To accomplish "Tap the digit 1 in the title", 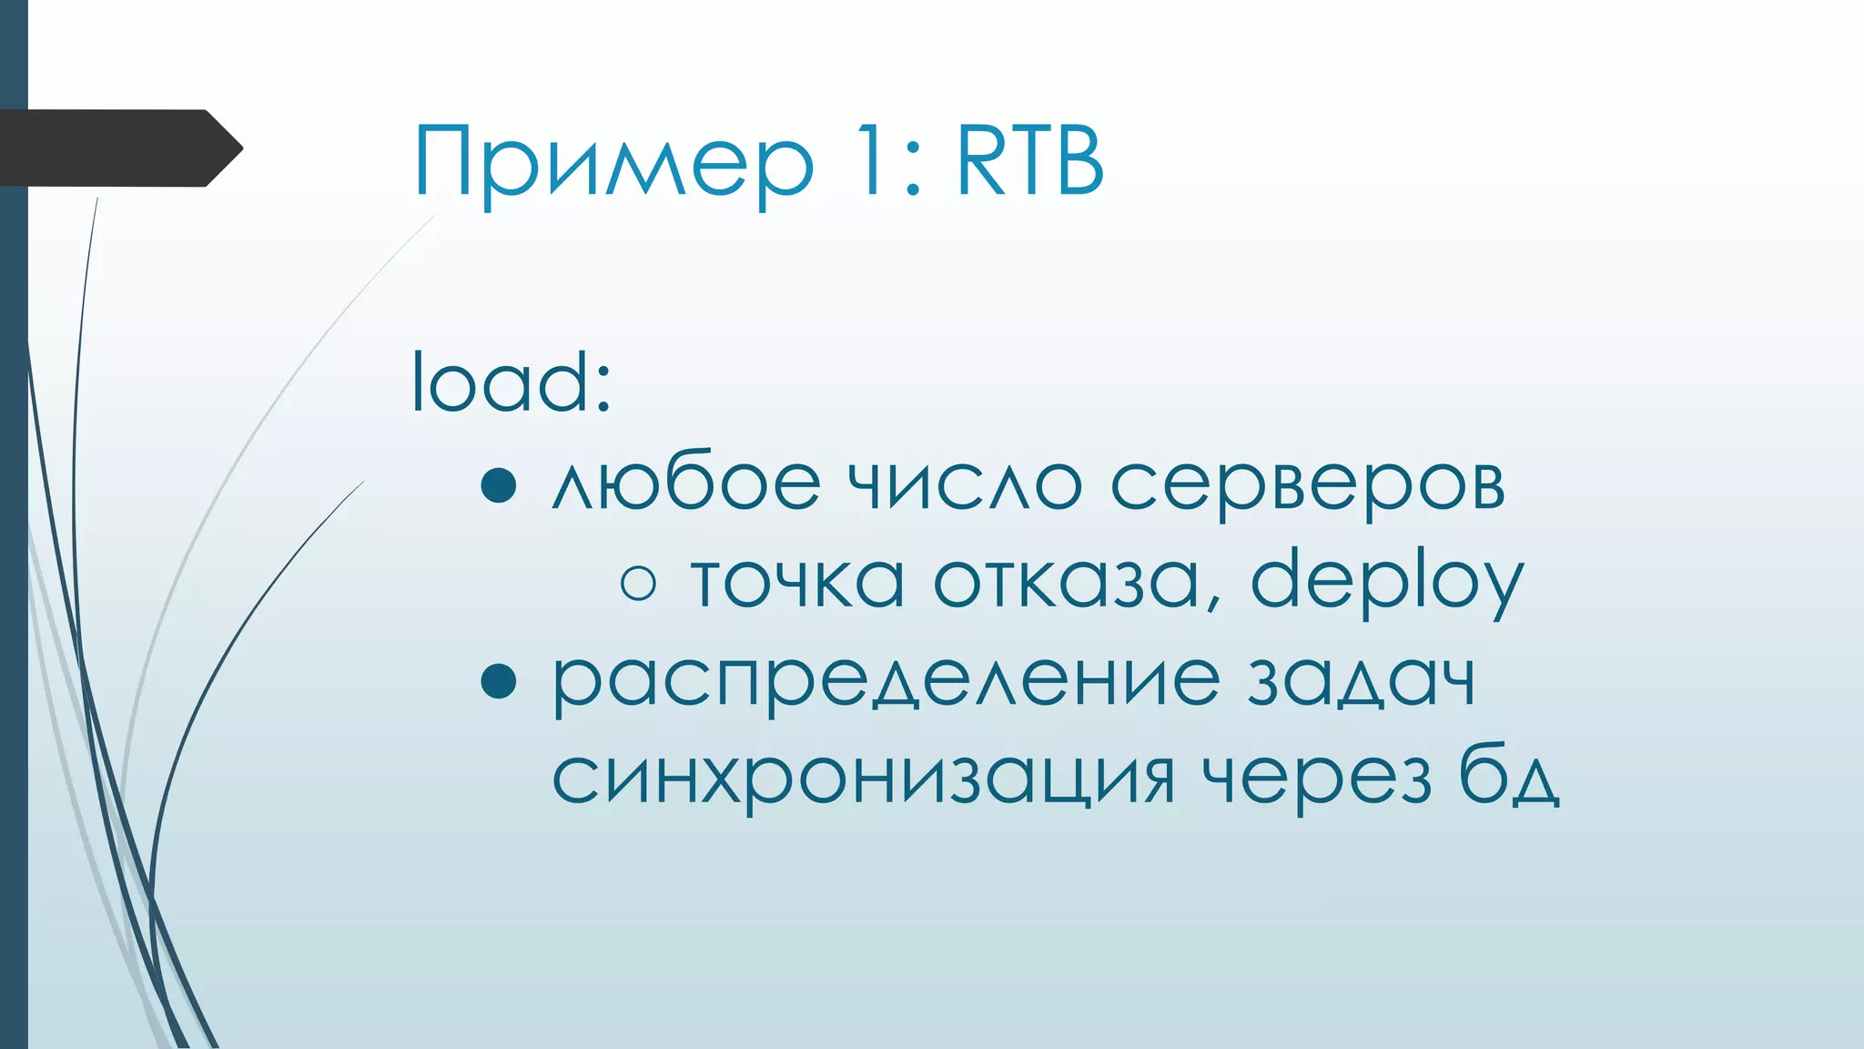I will point(866,162).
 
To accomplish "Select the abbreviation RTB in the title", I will point(1030,162).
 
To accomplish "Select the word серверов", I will point(1308,485).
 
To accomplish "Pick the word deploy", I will point(1386,583).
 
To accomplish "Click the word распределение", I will point(886,683).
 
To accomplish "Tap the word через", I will point(1317,780).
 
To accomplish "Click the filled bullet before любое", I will point(499,485).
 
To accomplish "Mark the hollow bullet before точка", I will point(638,583).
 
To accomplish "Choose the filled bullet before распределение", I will point(499,680).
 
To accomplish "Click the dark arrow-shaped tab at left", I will point(118,148).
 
